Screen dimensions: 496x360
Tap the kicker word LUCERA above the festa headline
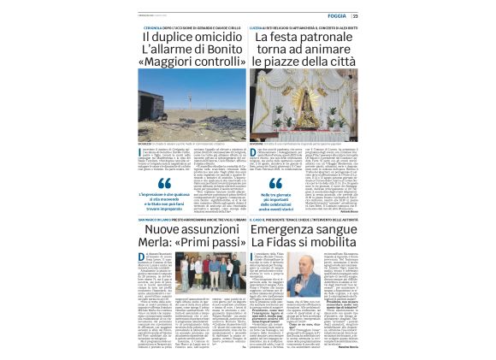pyautogui.click(x=257, y=27)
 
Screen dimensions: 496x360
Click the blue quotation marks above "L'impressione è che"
pyautogui.click(x=165, y=183)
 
